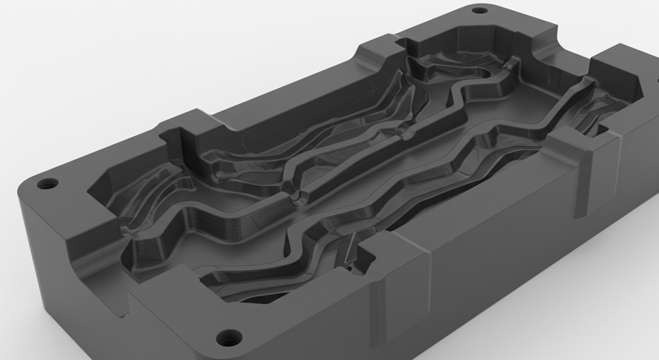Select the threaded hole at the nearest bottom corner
(x=228, y=336)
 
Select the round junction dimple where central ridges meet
(x=297, y=196)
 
